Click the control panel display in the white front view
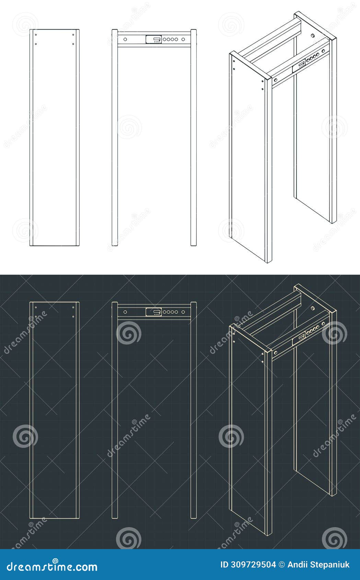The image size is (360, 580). (x=153, y=39)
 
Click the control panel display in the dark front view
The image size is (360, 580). (x=153, y=312)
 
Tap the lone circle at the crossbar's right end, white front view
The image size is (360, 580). (x=184, y=39)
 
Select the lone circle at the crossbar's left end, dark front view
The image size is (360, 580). (x=125, y=312)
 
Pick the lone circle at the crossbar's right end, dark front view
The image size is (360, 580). (x=184, y=312)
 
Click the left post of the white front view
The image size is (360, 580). (x=115, y=137)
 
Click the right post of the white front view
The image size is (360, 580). (x=194, y=137)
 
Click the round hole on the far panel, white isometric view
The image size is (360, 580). (x=313, y=35)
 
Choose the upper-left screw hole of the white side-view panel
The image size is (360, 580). (x=36, y=35)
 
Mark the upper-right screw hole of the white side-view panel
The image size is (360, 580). (x=73, y=35)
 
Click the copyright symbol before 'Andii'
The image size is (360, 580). (x=282, y=565)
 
